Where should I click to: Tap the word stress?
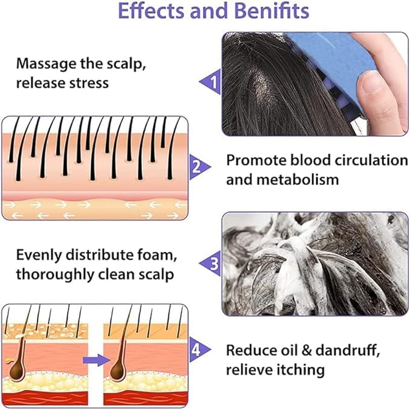coord(88,82)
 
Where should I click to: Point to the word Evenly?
coord(40,255)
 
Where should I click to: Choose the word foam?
coord(151,255)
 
